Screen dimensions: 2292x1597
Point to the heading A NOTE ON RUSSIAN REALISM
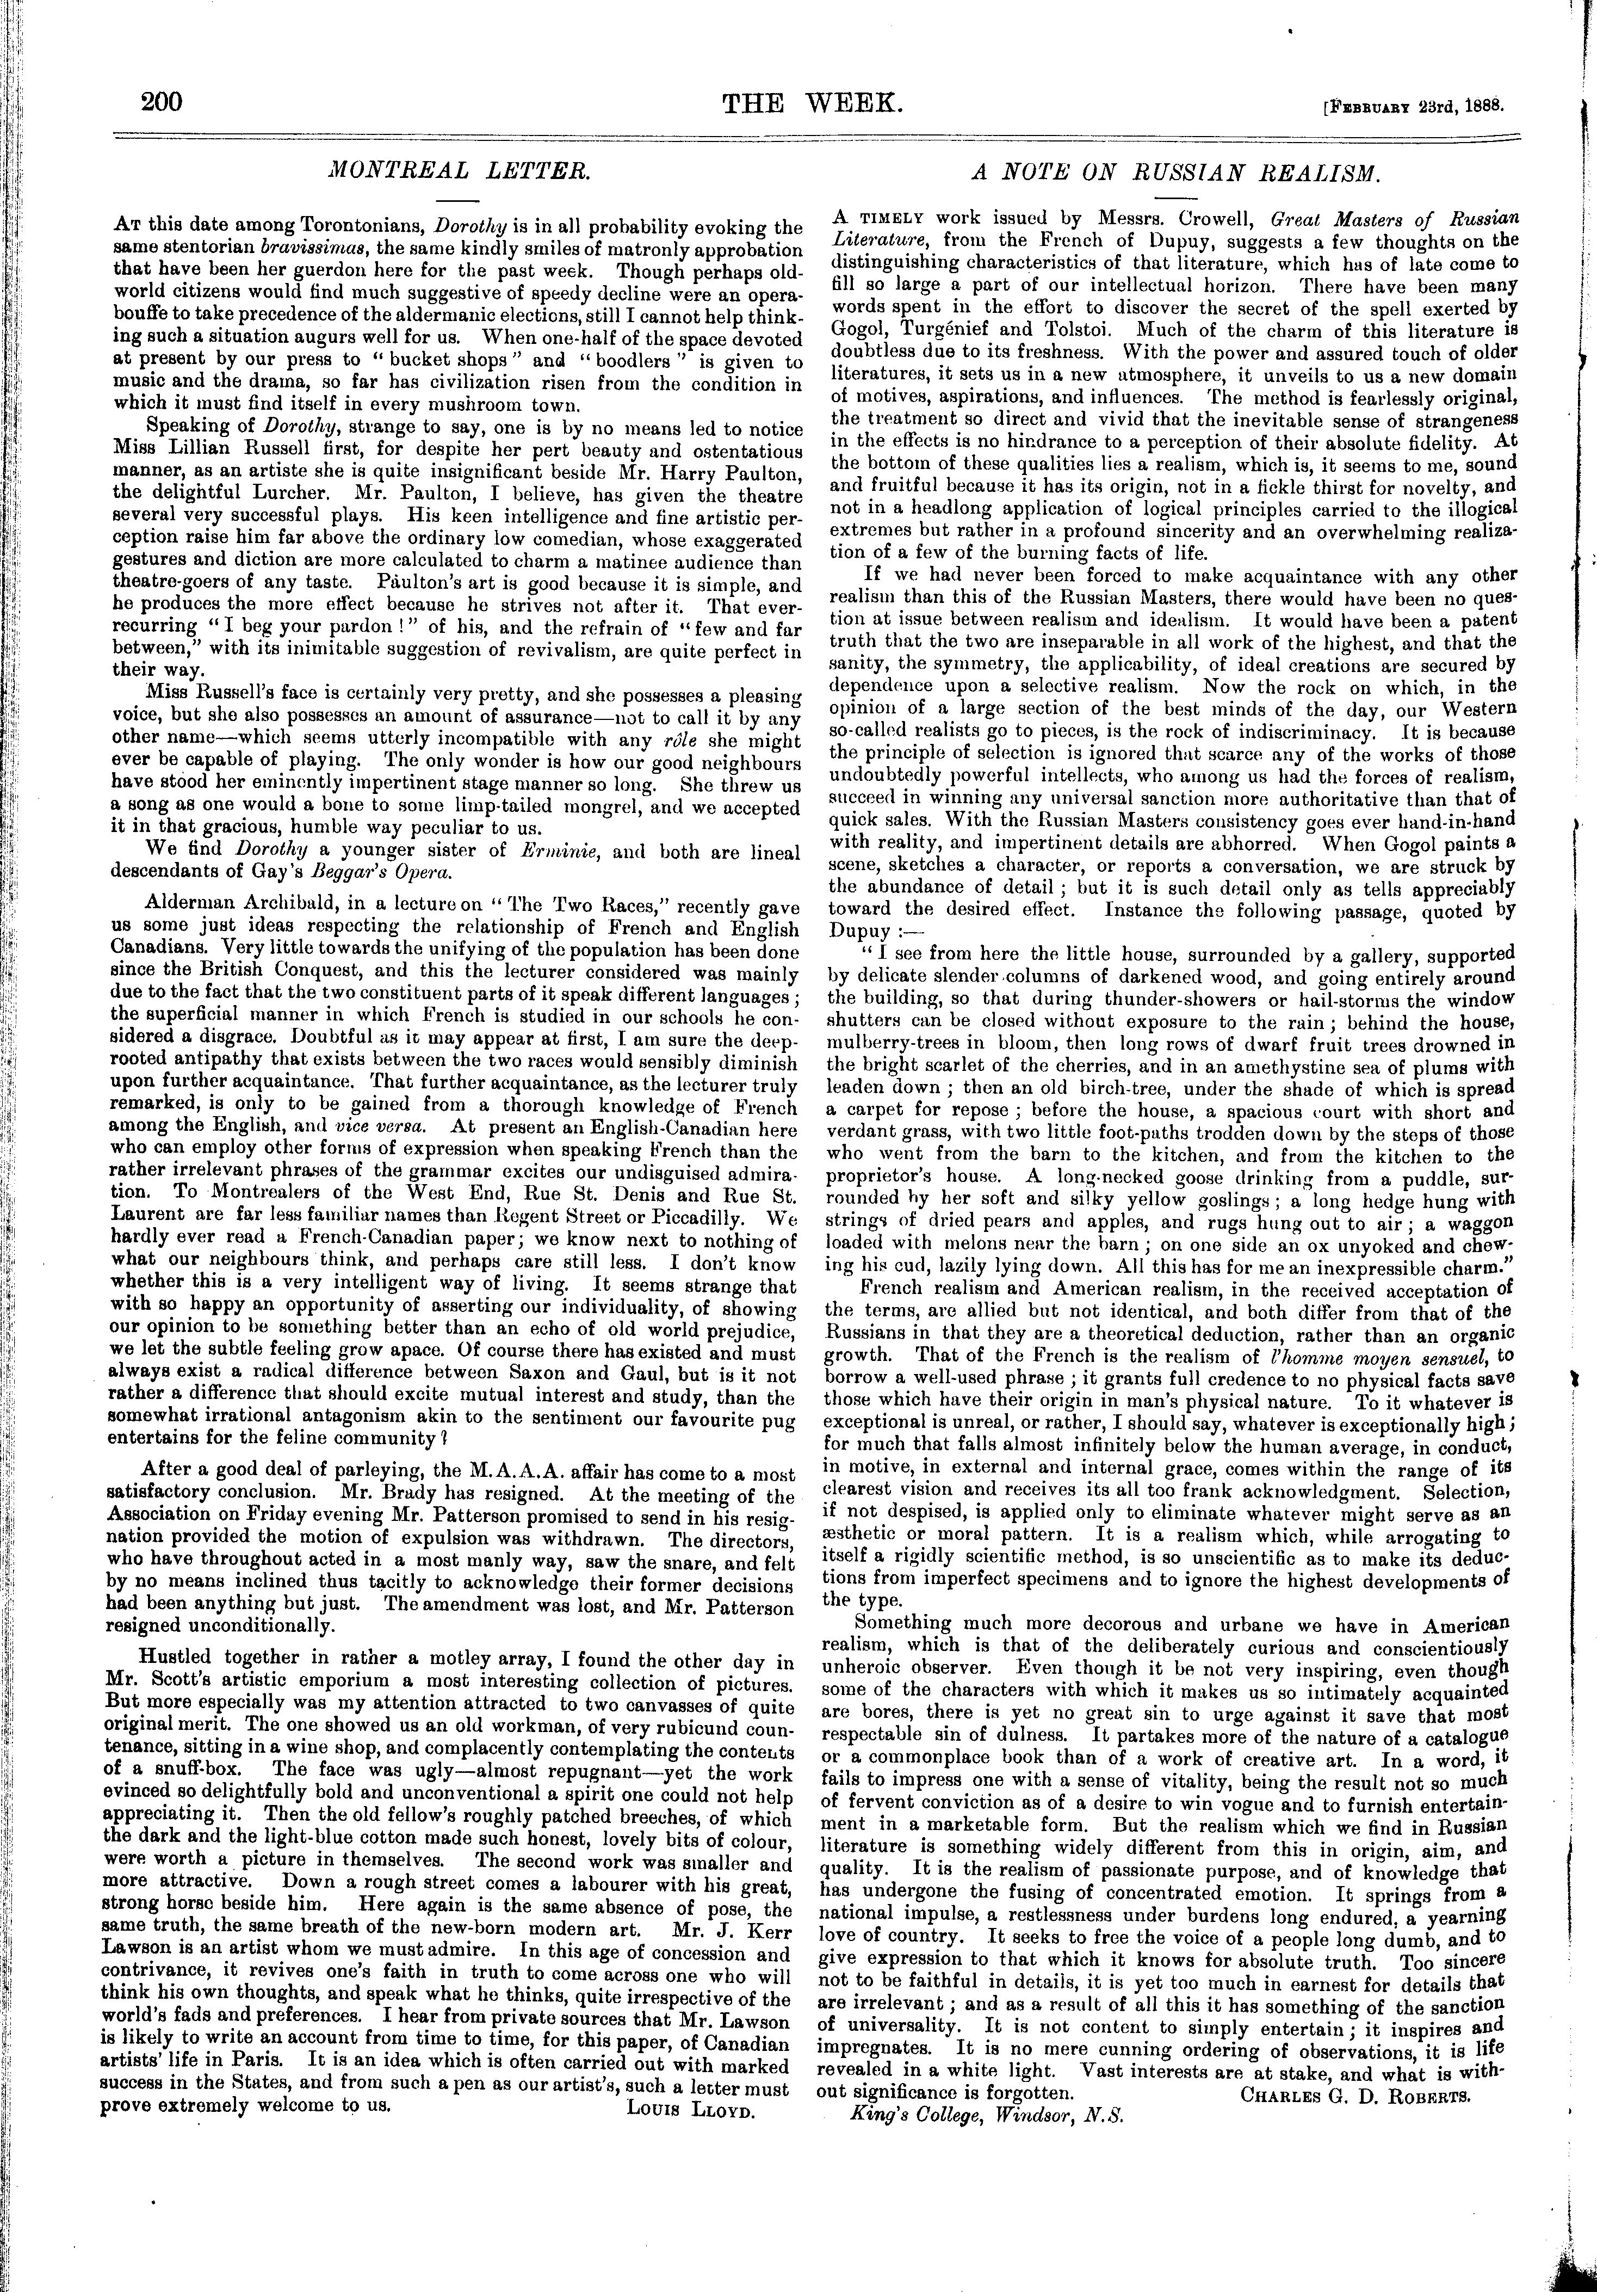click(x=1177, y=172)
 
